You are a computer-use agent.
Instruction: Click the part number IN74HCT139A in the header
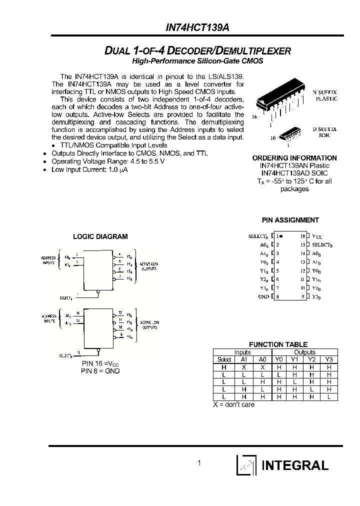click(204, 28)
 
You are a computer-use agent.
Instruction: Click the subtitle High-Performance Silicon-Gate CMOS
click(197, 61)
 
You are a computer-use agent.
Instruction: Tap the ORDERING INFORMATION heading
click(294, 158)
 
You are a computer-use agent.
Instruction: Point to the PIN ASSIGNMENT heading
click(290, 220)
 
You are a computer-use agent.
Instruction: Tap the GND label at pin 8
click(263, 296)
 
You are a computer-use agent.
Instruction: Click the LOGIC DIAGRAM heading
click(100, 236)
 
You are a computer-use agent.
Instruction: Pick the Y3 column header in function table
click(328, 359)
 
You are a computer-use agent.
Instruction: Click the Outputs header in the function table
click(304, 352)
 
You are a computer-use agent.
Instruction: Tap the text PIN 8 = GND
click(100, 371)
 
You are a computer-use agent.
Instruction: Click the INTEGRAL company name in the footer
click(295, 465)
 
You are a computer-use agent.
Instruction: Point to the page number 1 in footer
click(199, 463)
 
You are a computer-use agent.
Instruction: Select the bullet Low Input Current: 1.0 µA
click(89, 169)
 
